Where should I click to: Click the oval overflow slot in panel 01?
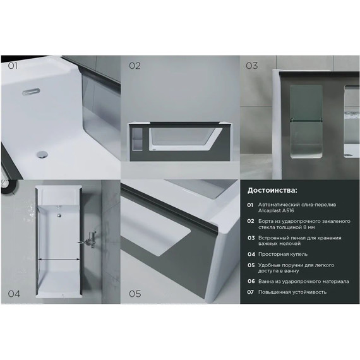[31, 92]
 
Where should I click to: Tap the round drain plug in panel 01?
[42, 154]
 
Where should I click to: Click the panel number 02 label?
[135, 66]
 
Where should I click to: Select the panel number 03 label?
[252, 66]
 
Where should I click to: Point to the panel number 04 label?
[14, 294]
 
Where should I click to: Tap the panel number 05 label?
[135, 294]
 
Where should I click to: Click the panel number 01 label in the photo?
[13, 66]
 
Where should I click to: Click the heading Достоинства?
[272, 191]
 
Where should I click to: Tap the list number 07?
[251, 292]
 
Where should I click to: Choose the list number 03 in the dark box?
[251, 238]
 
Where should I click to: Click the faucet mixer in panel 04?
[89, 241]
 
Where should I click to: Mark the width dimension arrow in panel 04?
[59, 259]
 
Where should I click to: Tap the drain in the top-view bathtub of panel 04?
[59, 215]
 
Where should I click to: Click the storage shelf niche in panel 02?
[138, 140]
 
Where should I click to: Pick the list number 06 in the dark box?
[251, 281]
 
